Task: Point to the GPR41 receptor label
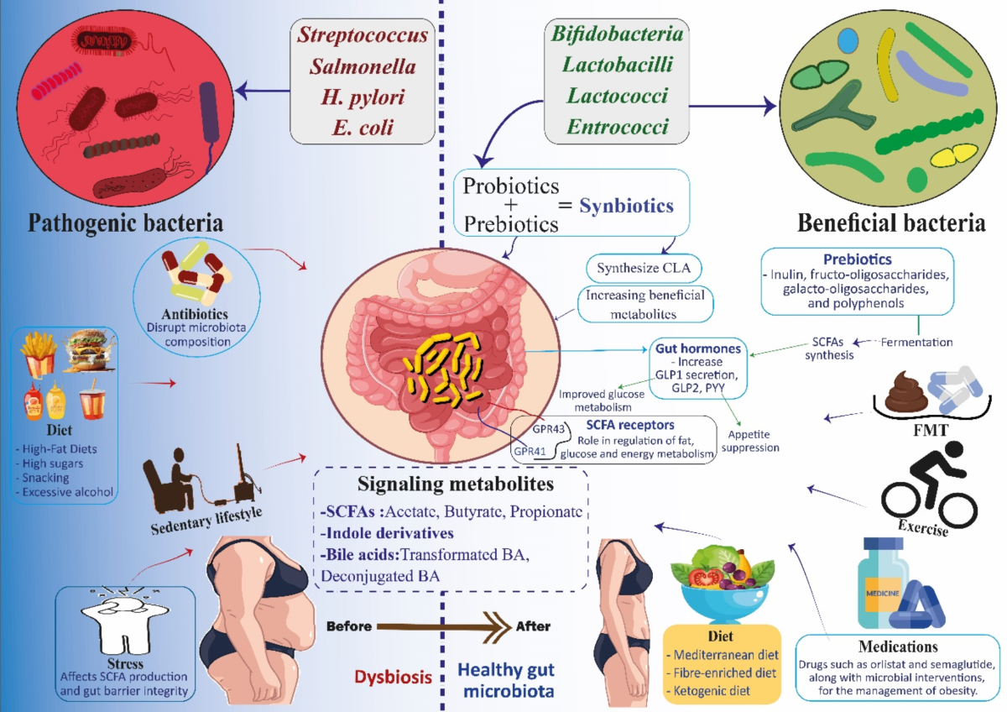click(530, 450)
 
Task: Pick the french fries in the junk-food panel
click(39, 353)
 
